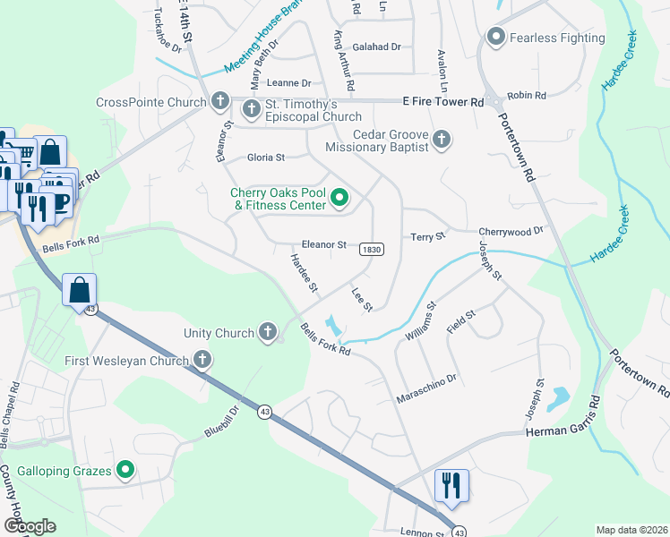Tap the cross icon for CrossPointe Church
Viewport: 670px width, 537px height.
(220, 102)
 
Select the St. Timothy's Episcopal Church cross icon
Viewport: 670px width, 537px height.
(252, 109)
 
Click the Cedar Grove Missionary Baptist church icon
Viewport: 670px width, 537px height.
(441, 139)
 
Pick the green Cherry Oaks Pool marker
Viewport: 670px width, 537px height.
(339, 198)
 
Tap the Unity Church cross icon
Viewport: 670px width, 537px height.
(267, 333)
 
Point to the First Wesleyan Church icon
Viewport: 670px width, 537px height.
(202, 361)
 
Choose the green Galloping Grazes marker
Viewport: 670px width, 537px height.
(125, 470)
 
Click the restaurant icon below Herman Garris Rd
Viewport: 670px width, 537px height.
(451, 485)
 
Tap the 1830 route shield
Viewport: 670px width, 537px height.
(373, 249)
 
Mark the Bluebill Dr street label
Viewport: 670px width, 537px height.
(224, 421)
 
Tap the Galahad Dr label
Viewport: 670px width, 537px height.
(376, 47)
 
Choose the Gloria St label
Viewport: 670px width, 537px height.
(266, 158)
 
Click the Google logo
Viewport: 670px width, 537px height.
(30, 525)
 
